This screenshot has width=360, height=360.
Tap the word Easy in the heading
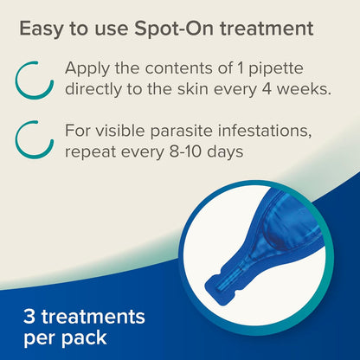point(43,29)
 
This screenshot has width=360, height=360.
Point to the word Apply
point(91,68)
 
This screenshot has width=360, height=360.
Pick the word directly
point(100,89)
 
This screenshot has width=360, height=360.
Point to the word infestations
point(271,132)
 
